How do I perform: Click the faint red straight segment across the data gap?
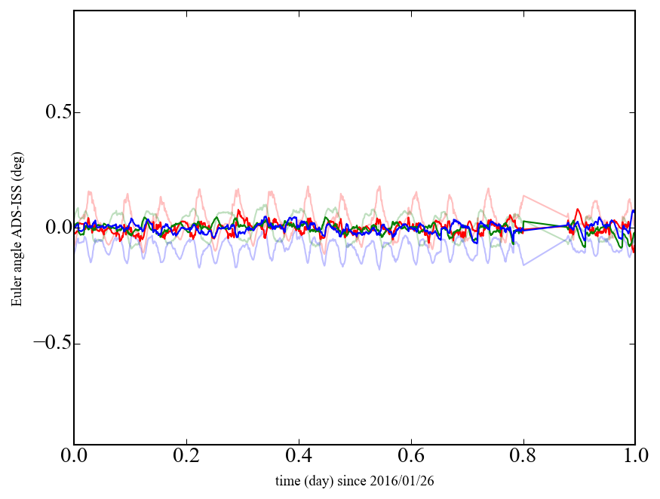pyautogui.click(x=545, y=207)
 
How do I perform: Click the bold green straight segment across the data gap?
pyautogui.click(x=545, y=223)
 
